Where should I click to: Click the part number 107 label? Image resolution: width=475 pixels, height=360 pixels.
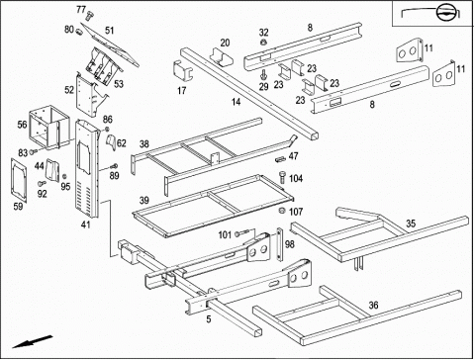[296, 212]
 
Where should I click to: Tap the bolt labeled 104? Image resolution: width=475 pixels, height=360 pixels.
[282, 177]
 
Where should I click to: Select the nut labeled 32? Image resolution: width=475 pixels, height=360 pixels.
[263, 43]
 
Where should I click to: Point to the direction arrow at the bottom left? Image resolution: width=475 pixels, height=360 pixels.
[33, 341]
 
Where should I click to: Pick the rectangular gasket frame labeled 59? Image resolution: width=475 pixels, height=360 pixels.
[19, 179]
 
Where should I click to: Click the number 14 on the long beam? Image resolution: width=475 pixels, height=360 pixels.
[236, 102]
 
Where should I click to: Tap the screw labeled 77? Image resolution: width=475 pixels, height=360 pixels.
[90, 15]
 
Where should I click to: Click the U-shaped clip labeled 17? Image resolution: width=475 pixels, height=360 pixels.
[183, 70]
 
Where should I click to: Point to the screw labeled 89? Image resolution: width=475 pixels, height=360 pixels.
[114, 166]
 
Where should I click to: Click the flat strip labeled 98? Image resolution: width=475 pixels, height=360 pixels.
[280, 244]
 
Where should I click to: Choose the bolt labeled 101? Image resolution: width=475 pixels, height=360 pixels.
[241, 233]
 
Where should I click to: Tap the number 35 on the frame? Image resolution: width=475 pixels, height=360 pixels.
[411, 224]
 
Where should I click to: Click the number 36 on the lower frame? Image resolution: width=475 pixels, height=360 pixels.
[373, 306]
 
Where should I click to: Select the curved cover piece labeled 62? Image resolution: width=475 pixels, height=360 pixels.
[111, 142]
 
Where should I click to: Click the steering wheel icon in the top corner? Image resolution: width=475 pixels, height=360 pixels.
[445, 14]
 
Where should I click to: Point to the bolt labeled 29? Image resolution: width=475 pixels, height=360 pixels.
[263, 74]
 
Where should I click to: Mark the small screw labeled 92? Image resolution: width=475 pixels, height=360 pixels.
[42, 182]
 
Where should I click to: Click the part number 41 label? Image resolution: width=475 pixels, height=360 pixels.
[86, 225]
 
